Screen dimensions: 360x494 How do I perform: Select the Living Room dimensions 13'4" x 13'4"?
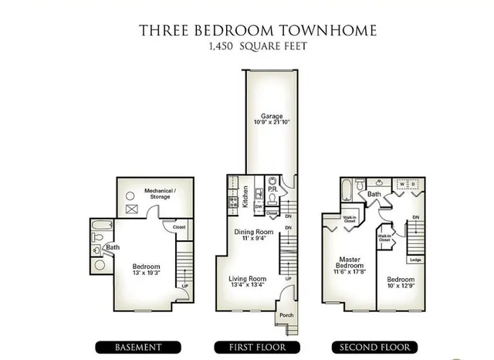pyautogui.click(x=247, y=285)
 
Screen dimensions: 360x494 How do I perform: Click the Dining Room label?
pyautogui.click(x=254, y=231)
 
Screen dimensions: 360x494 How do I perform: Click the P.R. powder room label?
pyautogui.click(x=272, y=188)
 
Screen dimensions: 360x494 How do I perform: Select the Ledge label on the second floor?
pyautogui.click(x=415, y=260)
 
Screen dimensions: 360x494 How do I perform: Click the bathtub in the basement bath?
pyautogui.click(x=100, y=229)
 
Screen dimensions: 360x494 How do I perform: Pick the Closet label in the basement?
pyautogui.click(x=179, y=227)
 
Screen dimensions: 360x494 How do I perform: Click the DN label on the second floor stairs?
pyautogui.click(x=415, y=218)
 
